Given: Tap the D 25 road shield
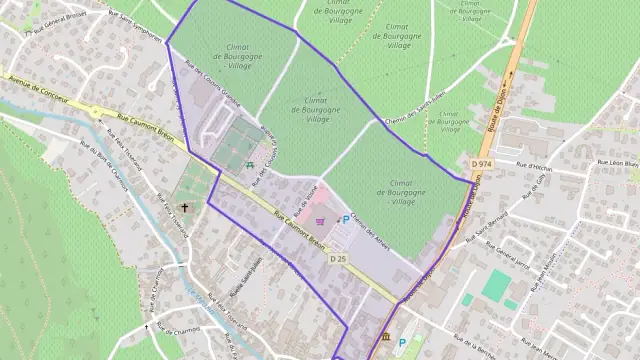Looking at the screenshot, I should [338, 258].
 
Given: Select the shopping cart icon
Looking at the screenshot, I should [320, 222].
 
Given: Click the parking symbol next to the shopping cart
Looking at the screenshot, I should [347, 220].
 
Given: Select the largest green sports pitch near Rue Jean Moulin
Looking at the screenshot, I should [495, 285].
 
